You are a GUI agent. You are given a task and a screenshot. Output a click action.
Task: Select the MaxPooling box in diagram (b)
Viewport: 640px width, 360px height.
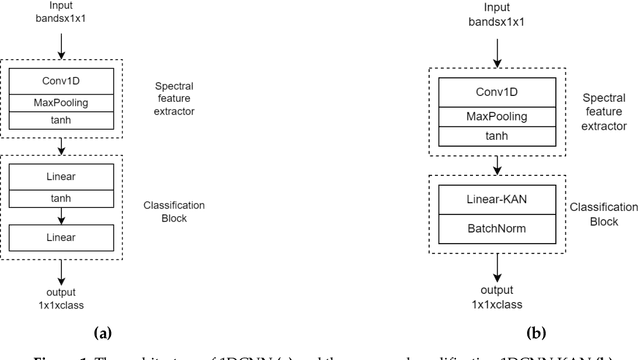point(497,116)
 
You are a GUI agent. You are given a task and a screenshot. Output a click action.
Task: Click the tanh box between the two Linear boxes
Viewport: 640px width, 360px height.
point(61,197)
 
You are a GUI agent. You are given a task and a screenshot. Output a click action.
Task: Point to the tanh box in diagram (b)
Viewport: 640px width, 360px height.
point(497,136)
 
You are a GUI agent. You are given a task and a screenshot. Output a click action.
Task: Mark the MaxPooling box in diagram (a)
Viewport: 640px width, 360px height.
point(61,101)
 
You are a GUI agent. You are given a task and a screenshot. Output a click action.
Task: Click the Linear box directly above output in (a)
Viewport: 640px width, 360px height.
point(61,237)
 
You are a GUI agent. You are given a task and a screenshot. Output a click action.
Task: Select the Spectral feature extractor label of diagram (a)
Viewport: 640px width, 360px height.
point(174,99)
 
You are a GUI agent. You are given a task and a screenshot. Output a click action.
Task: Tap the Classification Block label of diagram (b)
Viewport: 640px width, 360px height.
point(603,214)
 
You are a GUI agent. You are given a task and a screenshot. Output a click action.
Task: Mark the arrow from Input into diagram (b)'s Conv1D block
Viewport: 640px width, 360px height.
point(497,54)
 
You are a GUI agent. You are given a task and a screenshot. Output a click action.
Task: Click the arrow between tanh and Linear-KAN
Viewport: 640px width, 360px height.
point(497,166)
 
